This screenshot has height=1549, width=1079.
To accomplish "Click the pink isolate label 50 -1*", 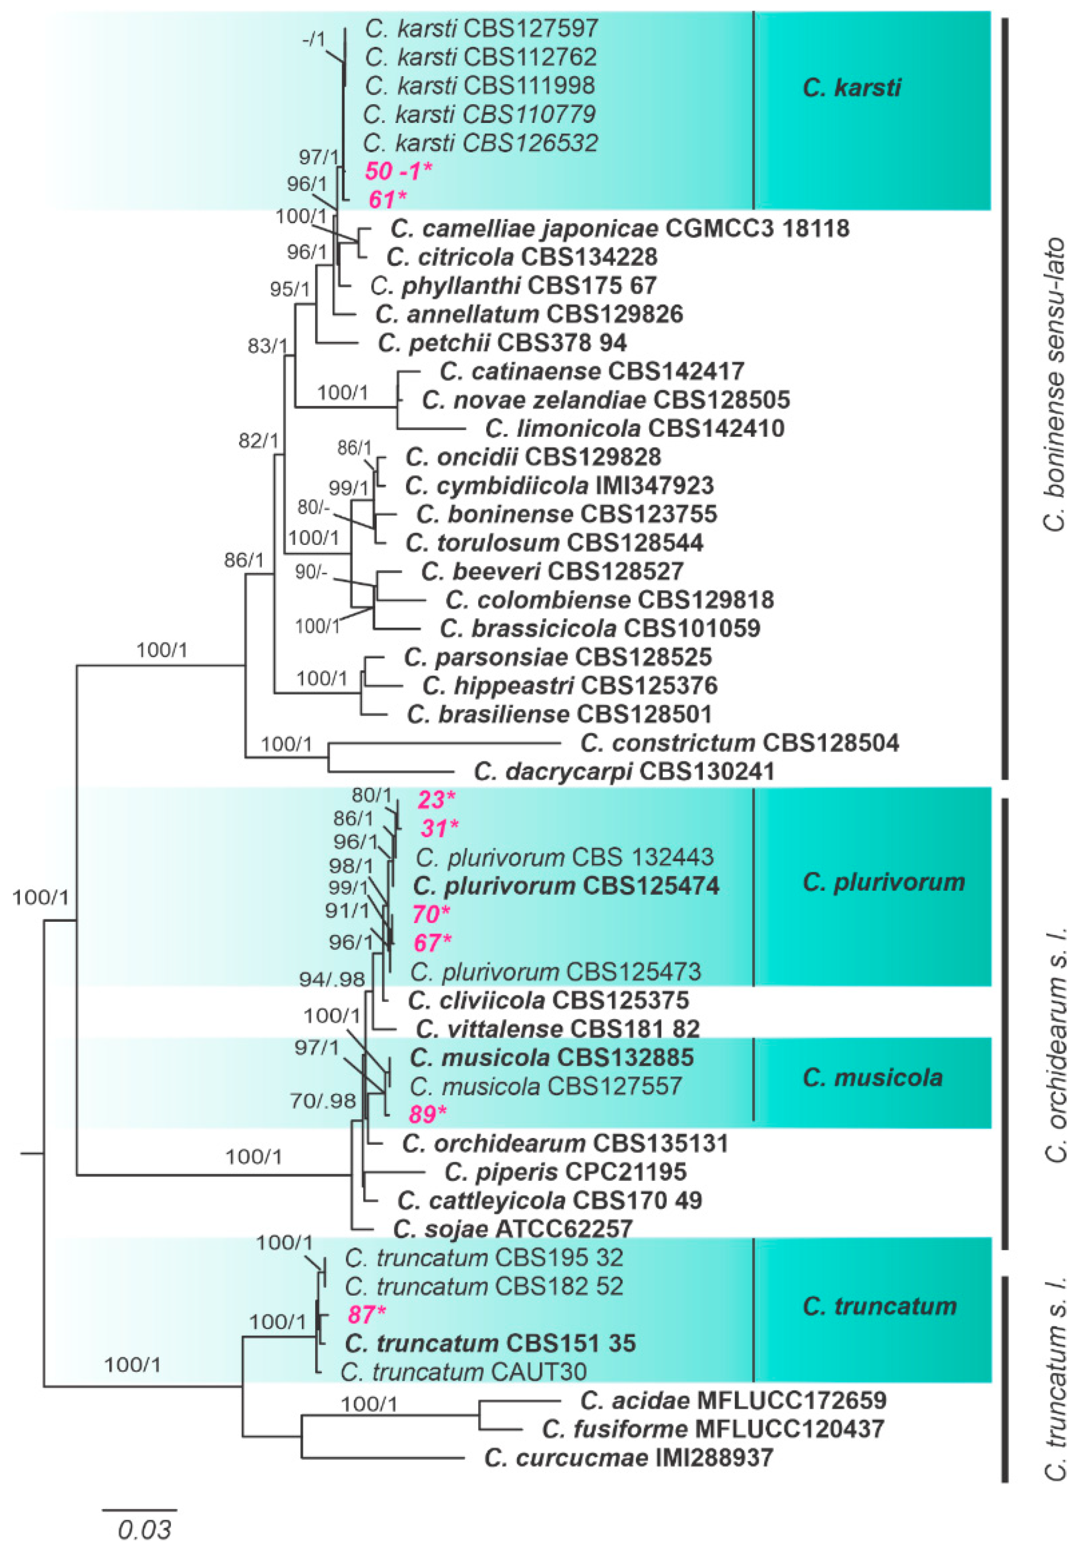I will [398, 171].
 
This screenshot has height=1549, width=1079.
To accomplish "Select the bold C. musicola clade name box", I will [872, 1078].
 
